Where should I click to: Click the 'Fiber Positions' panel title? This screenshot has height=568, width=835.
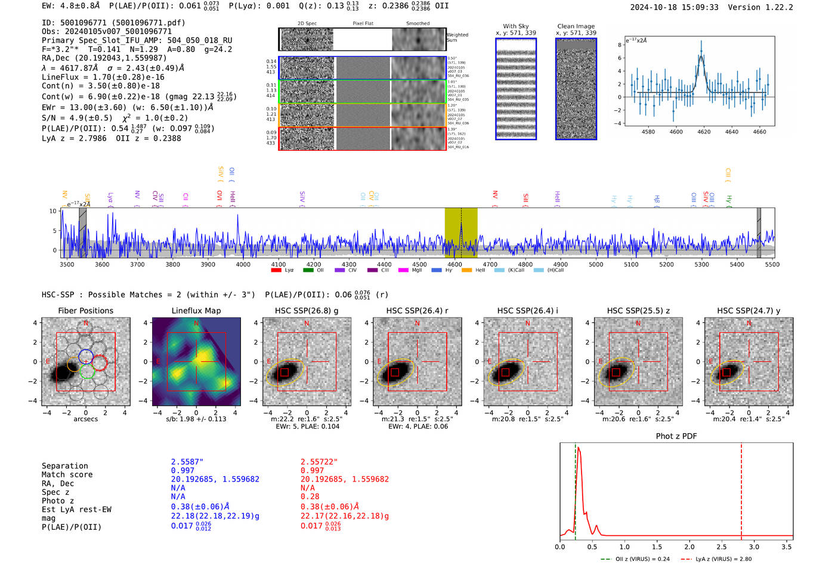[85, 311]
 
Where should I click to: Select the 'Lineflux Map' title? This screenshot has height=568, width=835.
[196, 311]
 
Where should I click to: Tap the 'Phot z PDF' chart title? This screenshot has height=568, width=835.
[676, 436]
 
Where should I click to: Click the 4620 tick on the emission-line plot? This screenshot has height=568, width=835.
[704, 132]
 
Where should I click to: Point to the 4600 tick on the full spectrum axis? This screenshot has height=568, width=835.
[454, 265]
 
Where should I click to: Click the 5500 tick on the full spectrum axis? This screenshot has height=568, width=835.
[772, 265]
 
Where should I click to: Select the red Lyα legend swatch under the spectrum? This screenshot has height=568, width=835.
[276, 271]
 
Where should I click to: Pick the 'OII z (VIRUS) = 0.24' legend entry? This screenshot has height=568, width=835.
[635, 559]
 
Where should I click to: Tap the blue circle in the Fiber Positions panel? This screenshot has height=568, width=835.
[85, 356]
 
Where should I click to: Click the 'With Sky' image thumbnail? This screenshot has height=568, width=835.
[516, 89]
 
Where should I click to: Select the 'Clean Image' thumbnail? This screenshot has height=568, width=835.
[576, 89]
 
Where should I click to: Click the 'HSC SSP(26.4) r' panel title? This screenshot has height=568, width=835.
[417, 311]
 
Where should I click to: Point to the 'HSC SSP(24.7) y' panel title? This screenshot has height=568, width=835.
[749, 311]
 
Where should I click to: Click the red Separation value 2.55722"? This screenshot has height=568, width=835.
[319, 462]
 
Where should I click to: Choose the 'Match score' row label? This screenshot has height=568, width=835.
[67, 475]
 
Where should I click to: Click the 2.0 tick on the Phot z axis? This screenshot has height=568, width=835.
[689, 547]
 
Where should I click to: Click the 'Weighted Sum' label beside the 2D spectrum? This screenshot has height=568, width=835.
[457, 38]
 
